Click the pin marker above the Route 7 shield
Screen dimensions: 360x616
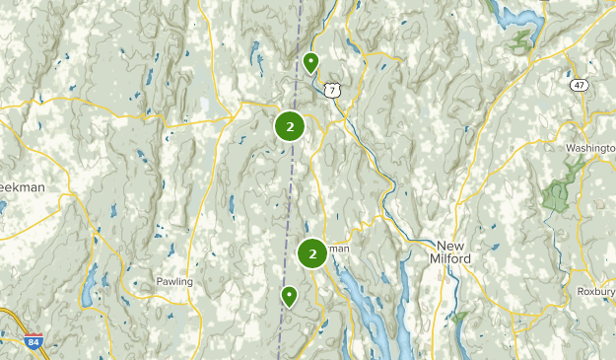(311, 64)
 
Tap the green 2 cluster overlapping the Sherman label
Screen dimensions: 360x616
(312, 253)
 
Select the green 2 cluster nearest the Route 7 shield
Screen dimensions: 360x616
(290, 126)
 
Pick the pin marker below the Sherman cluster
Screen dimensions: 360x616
(289, 296)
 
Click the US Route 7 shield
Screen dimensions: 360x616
(334, 91)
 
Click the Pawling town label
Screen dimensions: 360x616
(174, 282)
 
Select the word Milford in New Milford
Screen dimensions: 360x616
(452, 258)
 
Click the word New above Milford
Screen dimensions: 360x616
(450, 245)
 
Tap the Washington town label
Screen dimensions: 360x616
(589, 148)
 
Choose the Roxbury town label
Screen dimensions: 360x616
(594, 292)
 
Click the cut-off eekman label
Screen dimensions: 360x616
(22, 186)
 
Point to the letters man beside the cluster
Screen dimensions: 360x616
(338, 249)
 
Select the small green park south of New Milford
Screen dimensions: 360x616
(458, 318)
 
